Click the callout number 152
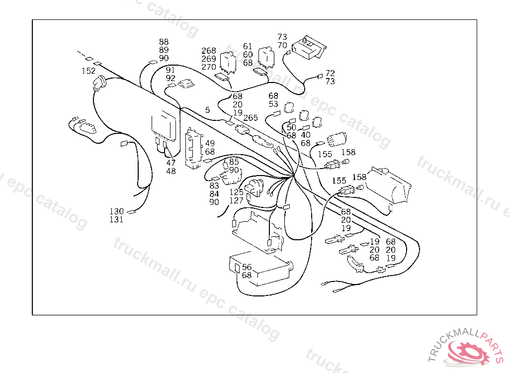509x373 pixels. [x=88, y=71]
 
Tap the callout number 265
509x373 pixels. [x=251, y=118]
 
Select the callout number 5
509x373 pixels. [x=207, y=109]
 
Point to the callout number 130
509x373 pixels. [x=117, y=211]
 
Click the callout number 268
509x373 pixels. [x=209, y=51]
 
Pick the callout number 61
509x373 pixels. [x=248, y=46]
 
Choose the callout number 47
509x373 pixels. [x=171, y=163]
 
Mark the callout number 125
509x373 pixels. [x=237, y=192]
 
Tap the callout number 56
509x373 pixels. [x=247, y=267]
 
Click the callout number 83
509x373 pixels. [x=214, y=186]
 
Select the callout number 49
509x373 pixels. [x=210, y=143]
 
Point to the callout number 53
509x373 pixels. [x=273, y=104]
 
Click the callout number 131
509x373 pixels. [x=117, y=219]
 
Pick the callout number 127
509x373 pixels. [x=237, y=200]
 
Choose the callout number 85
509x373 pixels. [x=234, y=162]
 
